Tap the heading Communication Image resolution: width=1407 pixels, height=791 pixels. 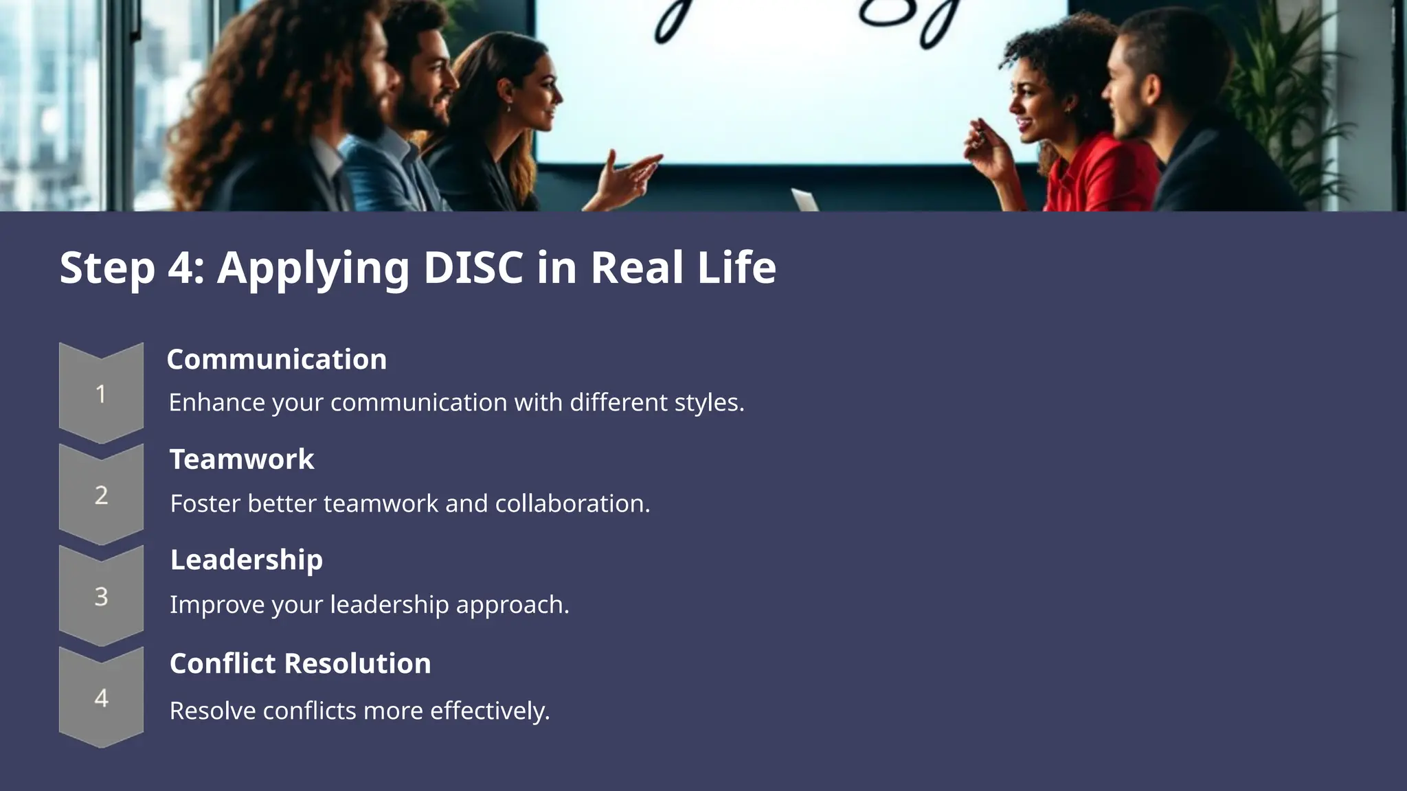pyautogui.click(x=276, y=359)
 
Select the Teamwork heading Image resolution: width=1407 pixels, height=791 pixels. pyautogui.click(x=242, y=459)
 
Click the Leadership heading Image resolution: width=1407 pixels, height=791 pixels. pyautogui.click(x=246, y=560)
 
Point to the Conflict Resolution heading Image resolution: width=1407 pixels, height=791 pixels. pyautogui.click(x=300, y=663)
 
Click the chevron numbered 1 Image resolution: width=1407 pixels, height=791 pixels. pyautogui.click(x=101, y=393)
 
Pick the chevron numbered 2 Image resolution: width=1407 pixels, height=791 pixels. pyautogui.click(x=101, y=495)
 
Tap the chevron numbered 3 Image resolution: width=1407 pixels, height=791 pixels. pyautogui.click(x=101, y=596)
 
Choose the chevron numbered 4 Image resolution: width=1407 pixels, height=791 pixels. pyautogui.click(x=101, y=698)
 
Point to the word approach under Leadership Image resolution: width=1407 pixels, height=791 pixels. pyautogui.click(x=512, y=605)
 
